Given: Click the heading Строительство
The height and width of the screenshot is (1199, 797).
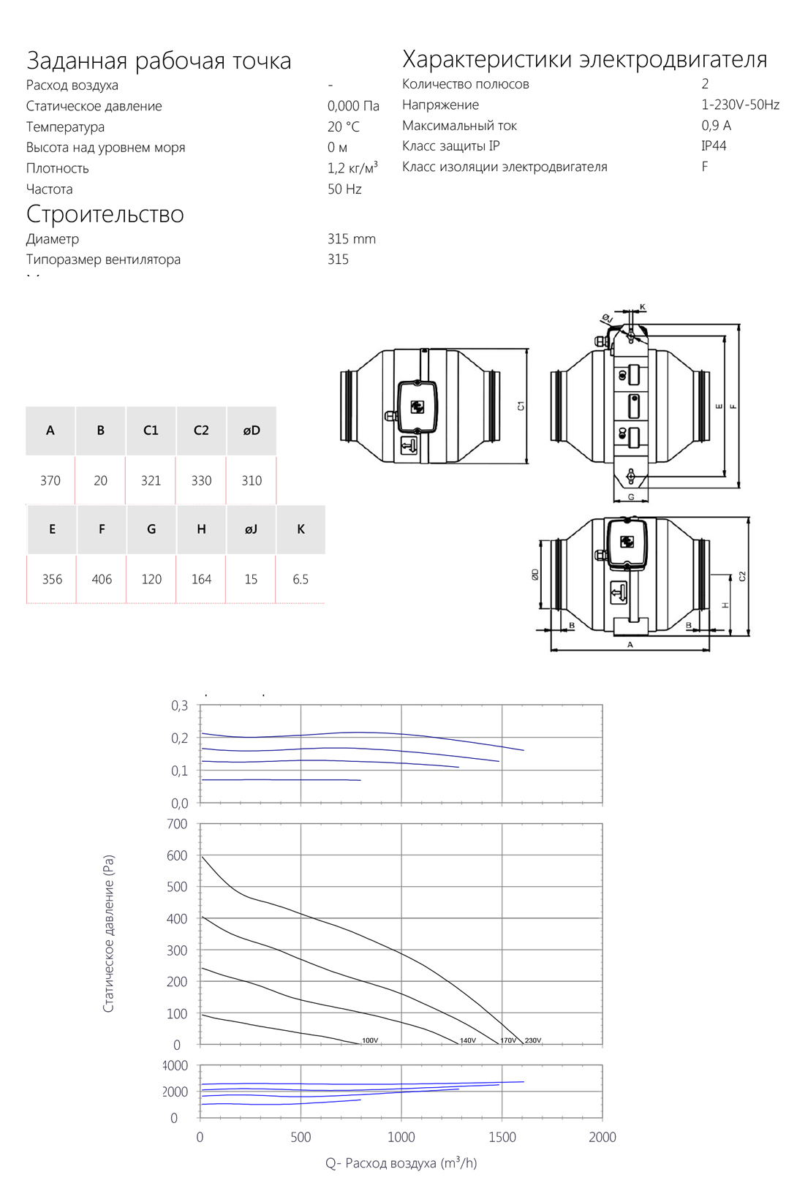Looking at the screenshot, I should (x=105, y=214).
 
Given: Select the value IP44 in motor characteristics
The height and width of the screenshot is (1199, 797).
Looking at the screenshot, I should (x=714, y=145).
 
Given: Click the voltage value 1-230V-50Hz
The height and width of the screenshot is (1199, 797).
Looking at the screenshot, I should (x=740, y=105).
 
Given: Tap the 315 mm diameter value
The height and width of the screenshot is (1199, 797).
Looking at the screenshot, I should (x=351, y=239).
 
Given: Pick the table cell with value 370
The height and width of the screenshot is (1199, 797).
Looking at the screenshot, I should (x=50, y=480).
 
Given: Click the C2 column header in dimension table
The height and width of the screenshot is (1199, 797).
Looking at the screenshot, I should (x=201, y=431).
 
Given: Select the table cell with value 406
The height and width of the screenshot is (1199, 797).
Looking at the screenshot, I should (x=102, y=579).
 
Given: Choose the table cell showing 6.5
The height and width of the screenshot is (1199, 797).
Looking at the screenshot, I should (x=301, y=579).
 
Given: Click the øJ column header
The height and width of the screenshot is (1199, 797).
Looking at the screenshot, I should (x=251, y=529).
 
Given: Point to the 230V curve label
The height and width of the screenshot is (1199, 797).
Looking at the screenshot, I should (x=533, y=1040).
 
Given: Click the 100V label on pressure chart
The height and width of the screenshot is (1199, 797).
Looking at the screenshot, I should (x=370, y=1040).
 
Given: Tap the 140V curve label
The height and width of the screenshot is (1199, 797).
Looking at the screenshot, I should (x=468, y=1040).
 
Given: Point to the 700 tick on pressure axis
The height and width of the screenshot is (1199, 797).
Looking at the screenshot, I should (x=177, y=824).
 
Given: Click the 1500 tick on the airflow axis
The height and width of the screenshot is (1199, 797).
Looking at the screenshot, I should (x=502, y=1137).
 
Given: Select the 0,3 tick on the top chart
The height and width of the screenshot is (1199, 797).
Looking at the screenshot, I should (x=179, y=706).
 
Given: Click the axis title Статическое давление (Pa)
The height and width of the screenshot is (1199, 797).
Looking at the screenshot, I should (x=108, y=934).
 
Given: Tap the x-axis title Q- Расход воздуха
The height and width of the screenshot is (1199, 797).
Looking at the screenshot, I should (x=401, y=1163).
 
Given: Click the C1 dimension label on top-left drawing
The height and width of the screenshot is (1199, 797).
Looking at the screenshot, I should (x=521, y=406).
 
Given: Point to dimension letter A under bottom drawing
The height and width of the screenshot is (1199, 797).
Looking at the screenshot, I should (x=630, y=645).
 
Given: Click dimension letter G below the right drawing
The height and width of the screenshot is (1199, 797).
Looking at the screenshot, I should (x=631, y=497).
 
